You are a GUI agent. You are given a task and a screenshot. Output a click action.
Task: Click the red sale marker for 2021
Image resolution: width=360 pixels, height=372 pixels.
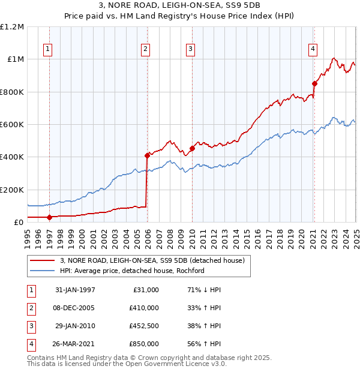point(314,83)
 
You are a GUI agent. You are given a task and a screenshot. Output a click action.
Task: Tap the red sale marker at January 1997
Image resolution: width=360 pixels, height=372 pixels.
point(50,217)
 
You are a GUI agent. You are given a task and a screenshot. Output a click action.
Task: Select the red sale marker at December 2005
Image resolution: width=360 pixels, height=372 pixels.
point(147,155)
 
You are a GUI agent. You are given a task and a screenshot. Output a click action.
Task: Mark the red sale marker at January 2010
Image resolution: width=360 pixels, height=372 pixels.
point(192,148)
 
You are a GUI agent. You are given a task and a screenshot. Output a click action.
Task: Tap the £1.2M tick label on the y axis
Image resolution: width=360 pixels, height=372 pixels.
point(12,27)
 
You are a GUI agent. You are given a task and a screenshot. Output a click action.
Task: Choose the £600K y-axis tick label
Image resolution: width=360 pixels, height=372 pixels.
point(11,125)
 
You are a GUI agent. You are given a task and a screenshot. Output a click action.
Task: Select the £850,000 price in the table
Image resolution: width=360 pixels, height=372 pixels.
point(144,344)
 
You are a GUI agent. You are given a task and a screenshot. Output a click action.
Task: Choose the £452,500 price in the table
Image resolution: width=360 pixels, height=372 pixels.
point(144,326)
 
